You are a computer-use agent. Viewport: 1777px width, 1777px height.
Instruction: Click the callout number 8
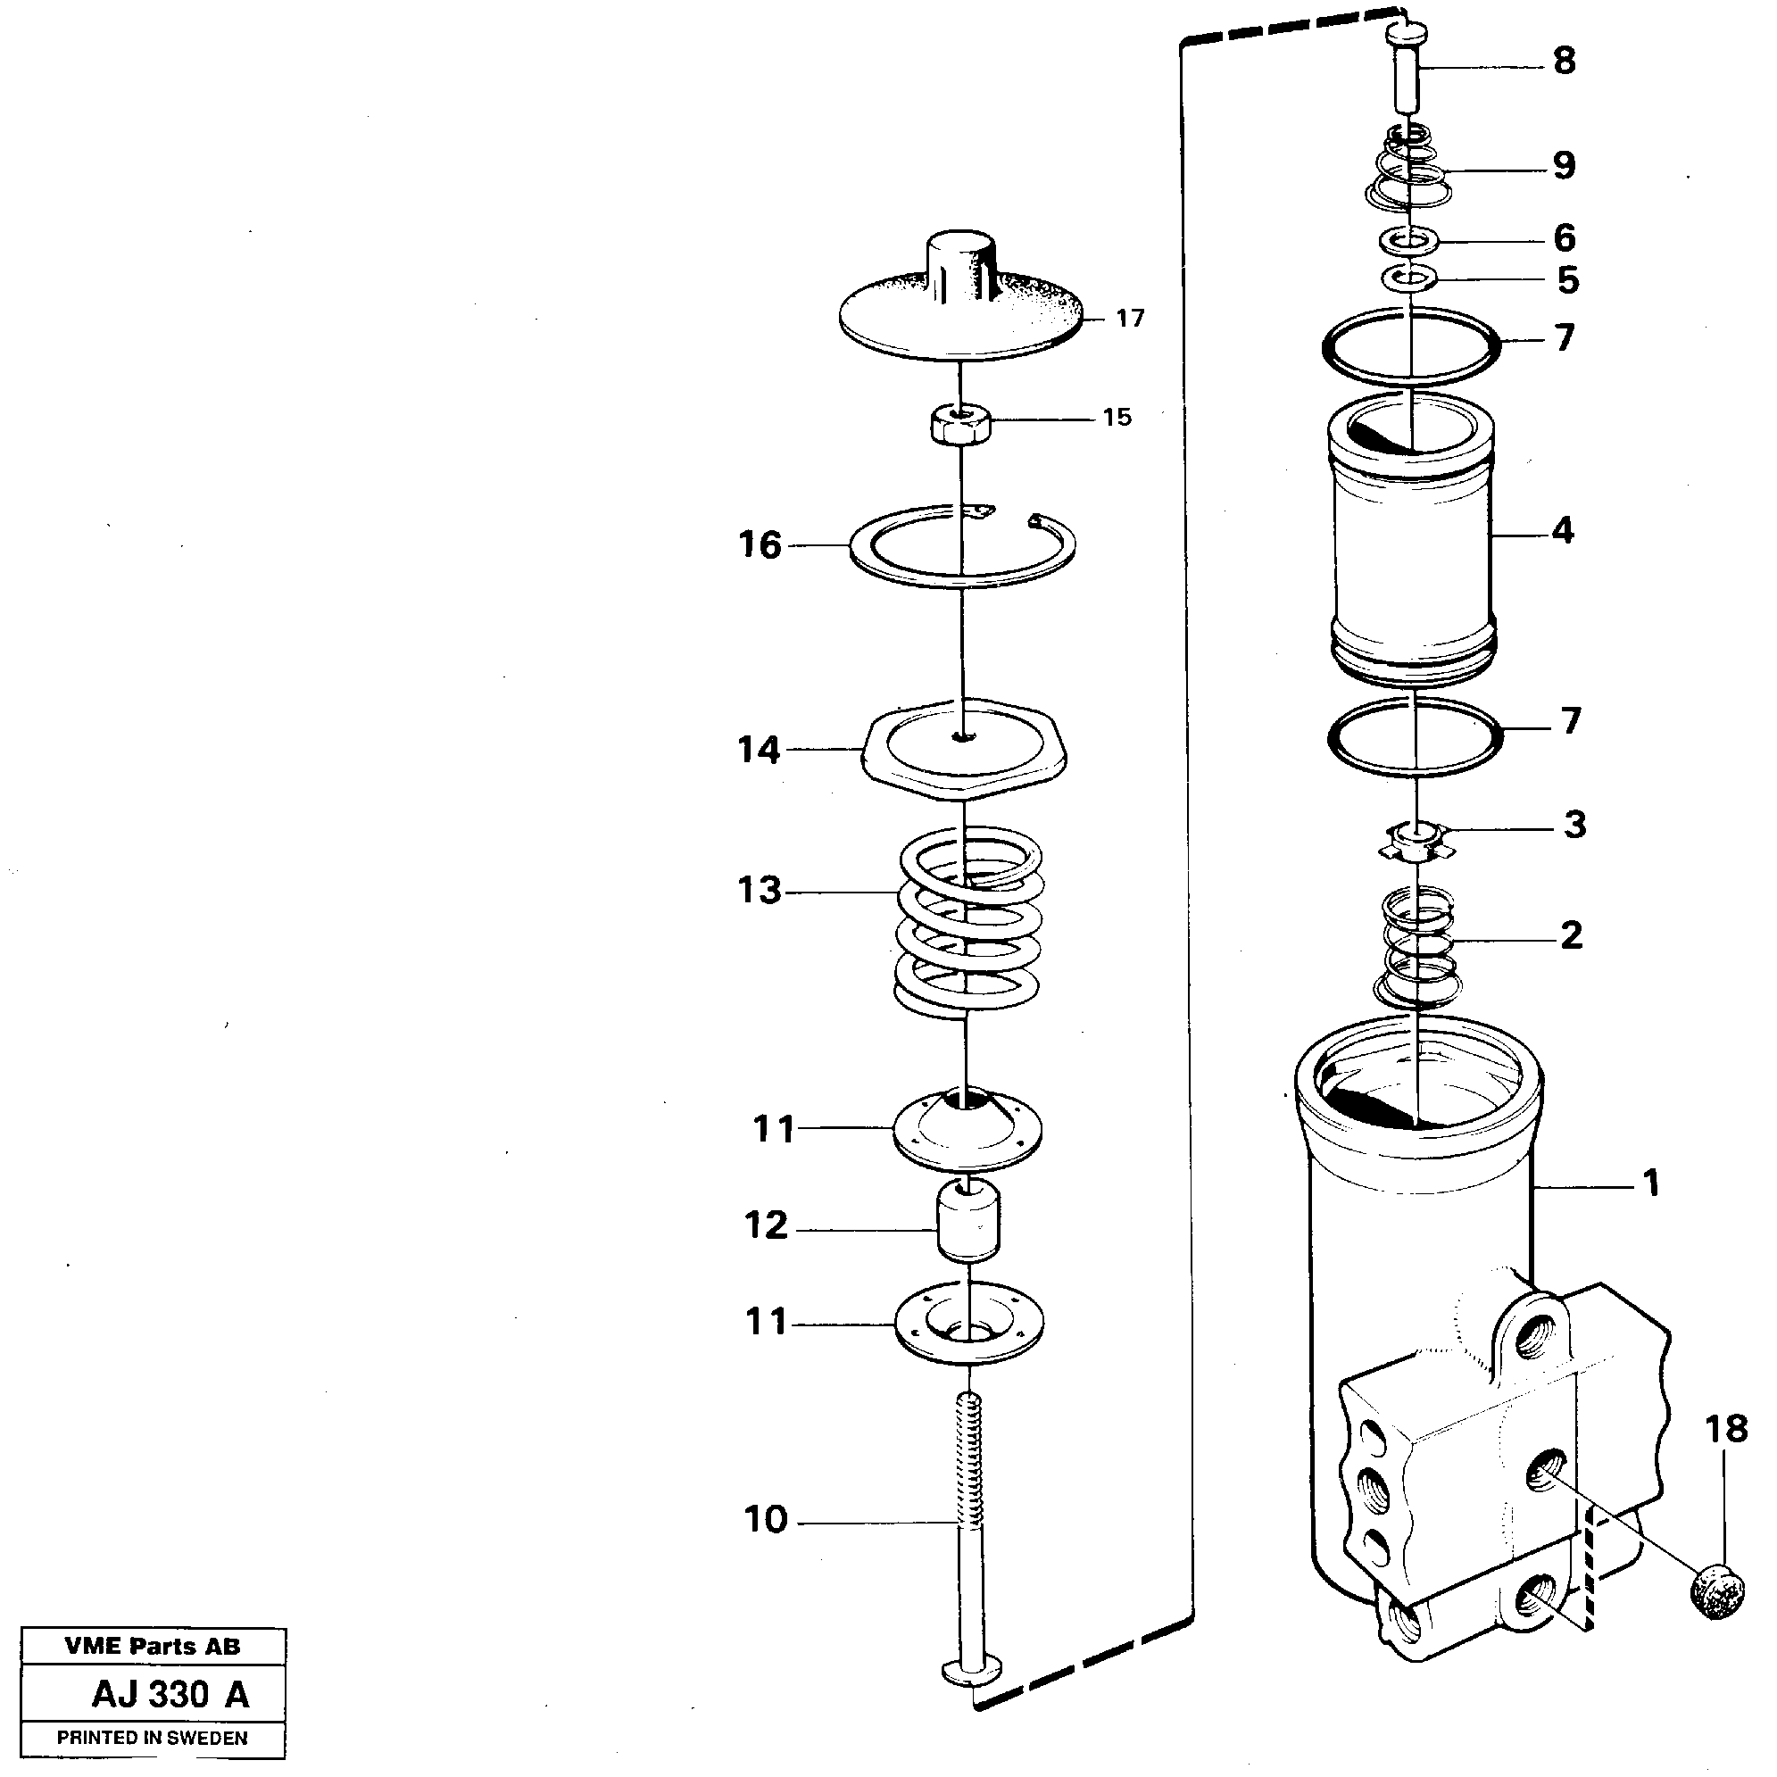[1564, 61]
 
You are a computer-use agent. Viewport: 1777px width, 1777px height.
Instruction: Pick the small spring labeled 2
[1417, 947]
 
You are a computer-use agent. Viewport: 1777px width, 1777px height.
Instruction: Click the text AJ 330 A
[171, 1694]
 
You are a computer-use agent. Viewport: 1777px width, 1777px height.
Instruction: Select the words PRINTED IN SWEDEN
[153, 1739]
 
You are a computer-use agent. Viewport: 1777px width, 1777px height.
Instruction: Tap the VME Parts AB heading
[153, 1647]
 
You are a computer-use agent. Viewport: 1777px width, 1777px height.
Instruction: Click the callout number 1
[1651, 1183]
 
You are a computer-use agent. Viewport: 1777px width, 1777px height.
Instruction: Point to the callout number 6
[1564, 237]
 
